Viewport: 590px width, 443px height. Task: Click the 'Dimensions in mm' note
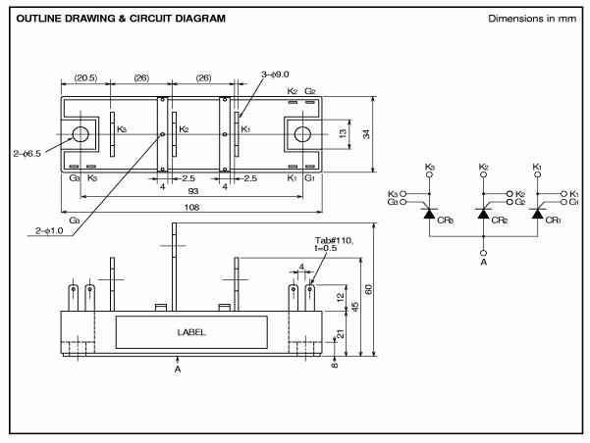pyautogui.click(x=532, y=19)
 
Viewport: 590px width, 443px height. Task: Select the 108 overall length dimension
pyautogui.click(x=191, y=207)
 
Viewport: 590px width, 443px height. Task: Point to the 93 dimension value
pyautogui.click(x=193, y=191)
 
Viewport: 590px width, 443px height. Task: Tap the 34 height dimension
pyautogui.click(x=366, y=134)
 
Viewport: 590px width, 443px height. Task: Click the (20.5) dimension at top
pyautogui.click(x=85, y=78)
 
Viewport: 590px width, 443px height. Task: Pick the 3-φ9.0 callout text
pyautogui.click(x=275, y=74)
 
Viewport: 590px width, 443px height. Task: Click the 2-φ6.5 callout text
pyautogui.click(x=27, y=153)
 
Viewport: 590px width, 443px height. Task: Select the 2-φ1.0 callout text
pyautogui.click(x=49, y=230)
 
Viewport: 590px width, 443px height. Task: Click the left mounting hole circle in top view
pyautogui.click(x=80, y=134)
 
